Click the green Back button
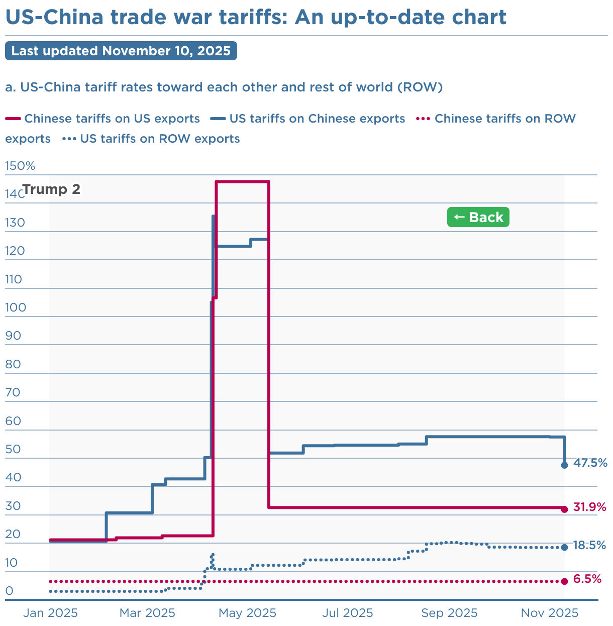tap(478, 217)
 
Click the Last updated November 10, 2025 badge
tap(121, 51)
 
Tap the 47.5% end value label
tap(590, 463)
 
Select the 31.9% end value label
tap(590, 507)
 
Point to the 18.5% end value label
tap(589, 545)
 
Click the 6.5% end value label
tap(587, 579)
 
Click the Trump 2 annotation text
tap(51, 189)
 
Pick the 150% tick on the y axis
tap(20, 166)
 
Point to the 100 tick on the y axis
tap(15, 307)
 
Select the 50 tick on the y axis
tap(13, 449)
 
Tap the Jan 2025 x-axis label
tap(50, 613)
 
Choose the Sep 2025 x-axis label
tap(449, 613)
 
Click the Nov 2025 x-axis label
tap(549, 613)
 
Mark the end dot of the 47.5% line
tap(564, 465)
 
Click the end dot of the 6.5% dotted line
tap(564, 581)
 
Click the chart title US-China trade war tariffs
tap(255, 18)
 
